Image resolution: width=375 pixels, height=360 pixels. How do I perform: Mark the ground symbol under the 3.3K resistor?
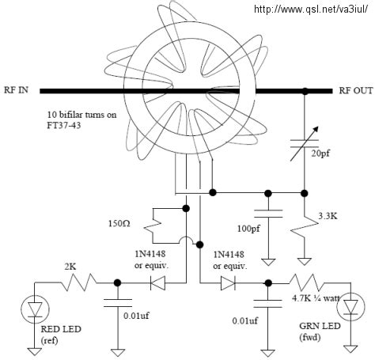tap(305, 258)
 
